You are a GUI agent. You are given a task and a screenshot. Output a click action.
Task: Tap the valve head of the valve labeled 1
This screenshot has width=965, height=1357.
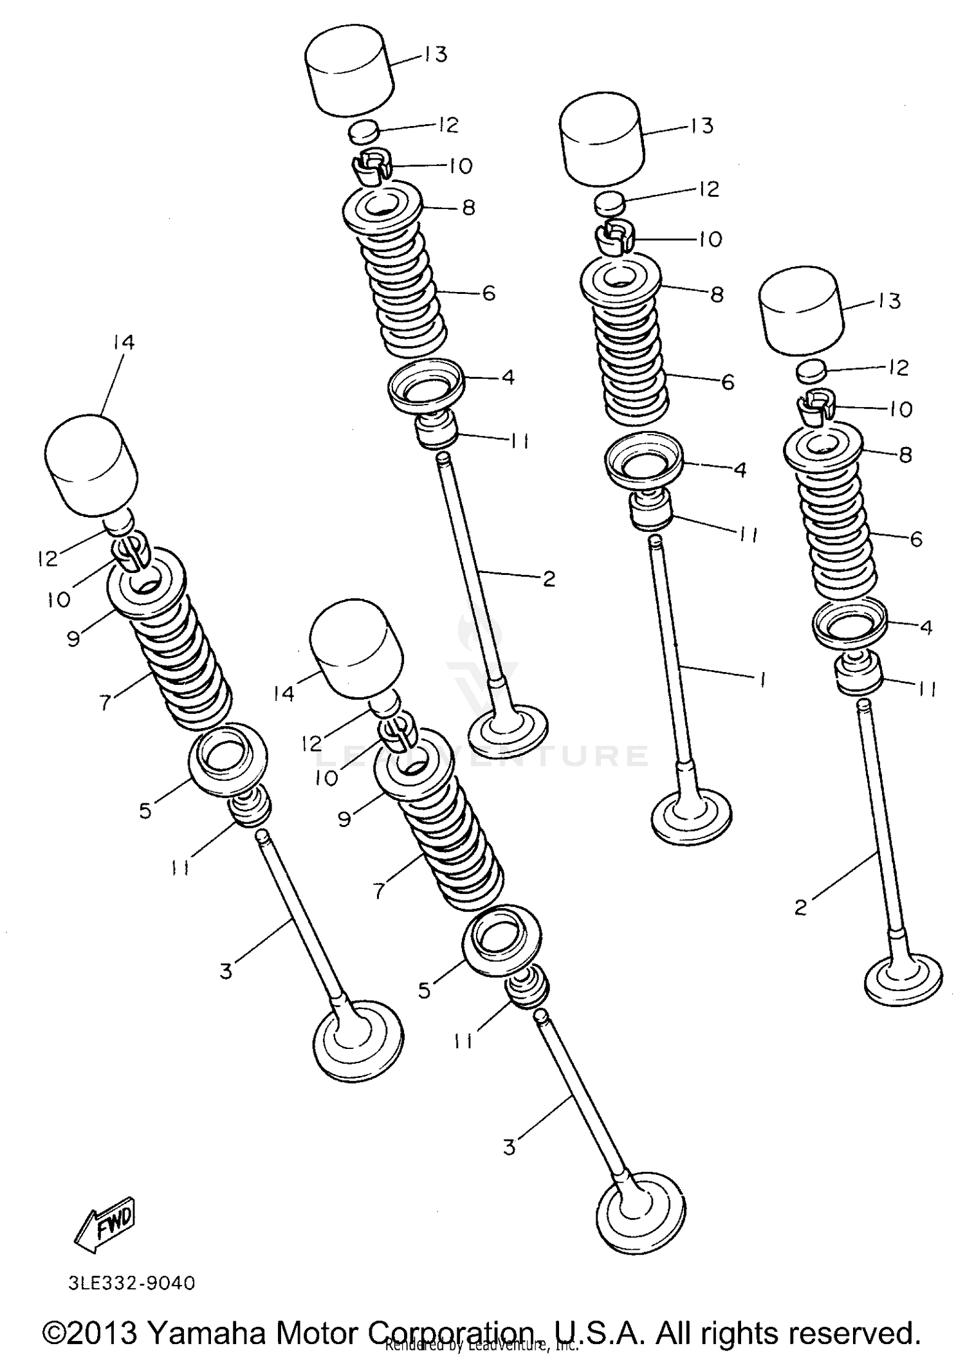point(692,818)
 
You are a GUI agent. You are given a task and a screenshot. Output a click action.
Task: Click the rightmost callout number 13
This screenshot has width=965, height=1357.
point(890,300)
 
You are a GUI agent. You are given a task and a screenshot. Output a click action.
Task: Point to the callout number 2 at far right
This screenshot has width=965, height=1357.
point(800,908)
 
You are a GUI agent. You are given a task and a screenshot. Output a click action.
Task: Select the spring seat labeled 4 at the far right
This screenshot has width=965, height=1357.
point(849,624)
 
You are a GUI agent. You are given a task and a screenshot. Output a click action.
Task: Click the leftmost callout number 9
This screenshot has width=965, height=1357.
point(73,639)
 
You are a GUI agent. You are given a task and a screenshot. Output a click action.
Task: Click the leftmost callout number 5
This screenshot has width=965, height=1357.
point(145,811)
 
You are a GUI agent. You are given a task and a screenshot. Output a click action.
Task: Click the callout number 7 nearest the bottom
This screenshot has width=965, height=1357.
point(379,891)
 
